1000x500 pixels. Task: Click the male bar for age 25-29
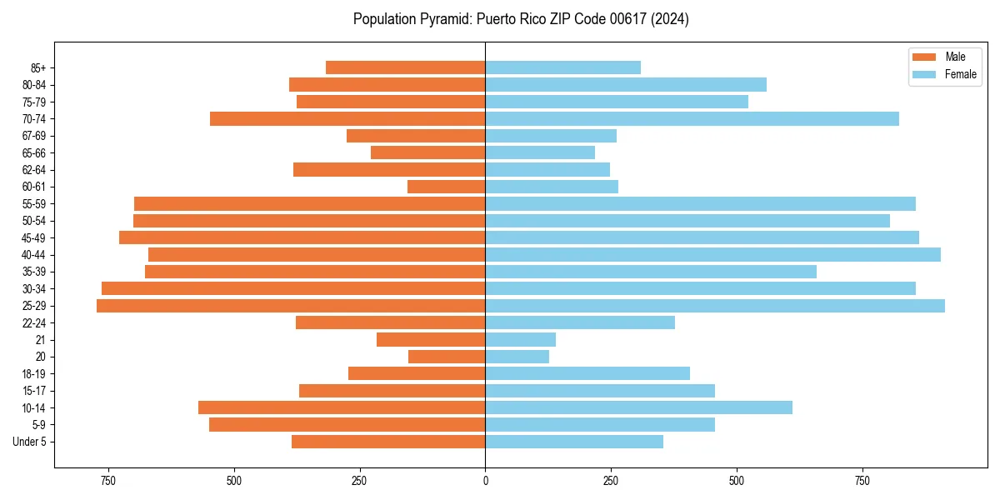pos(291,306)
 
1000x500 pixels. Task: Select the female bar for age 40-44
pos(712,255)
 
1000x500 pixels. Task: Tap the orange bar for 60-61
pos(446,187)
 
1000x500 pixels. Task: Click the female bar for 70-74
pos(692,119)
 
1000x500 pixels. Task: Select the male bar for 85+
pos(405,67)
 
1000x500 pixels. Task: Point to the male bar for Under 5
pos(388,442)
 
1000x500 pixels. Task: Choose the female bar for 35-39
pos(651,272)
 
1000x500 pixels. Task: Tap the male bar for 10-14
pos(342,407)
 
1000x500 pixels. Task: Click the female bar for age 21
pos(520,340)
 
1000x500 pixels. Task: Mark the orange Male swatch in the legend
pos(925,57)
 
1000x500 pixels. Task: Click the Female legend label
pos(961,74)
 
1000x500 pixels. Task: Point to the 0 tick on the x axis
pos(485,481)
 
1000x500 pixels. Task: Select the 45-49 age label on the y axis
pos(33,238)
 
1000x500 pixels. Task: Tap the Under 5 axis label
pos(29,442)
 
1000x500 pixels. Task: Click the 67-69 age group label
pos(33,136)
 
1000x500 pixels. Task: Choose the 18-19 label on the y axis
pos(33,374)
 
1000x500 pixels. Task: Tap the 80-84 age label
pos(33,85)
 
